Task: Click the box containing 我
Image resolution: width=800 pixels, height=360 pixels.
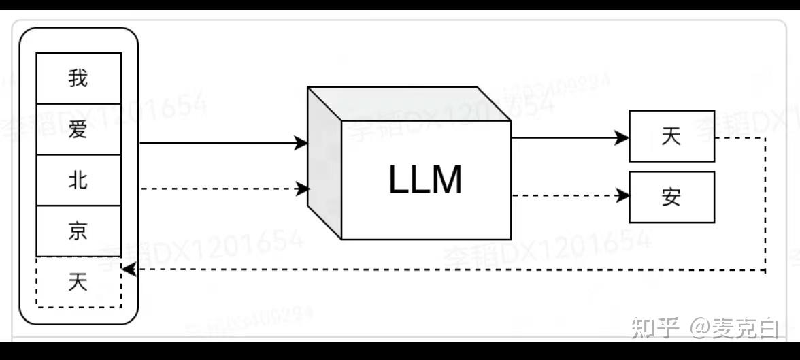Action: pyautogui.click(x=78, y=78)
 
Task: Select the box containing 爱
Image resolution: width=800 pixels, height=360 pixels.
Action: pyautogui.click(x=78, y=129)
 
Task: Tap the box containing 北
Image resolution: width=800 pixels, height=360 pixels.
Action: pyautogui.click(x=78, y=180)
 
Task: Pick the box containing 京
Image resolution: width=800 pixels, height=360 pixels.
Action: pyautogui.click(x=78, y=231)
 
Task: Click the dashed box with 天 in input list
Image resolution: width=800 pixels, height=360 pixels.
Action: pyautogui.click(x=78, y=282)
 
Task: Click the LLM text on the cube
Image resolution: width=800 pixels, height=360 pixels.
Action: pyautogui.click(x=425, y=180)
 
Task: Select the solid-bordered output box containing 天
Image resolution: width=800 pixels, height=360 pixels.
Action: pyautogui.click(x=671, y=136)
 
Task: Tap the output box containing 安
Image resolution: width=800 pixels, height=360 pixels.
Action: pyautogui.click(x=671, y=197)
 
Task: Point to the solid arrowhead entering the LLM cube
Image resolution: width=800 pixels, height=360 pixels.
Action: pyautogui.click(x=301, y=143)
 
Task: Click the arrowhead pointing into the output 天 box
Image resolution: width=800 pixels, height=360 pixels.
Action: pyautogui.click(x=622, y=137)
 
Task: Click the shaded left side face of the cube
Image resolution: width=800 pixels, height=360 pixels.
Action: pyautogui.click(x=324, y=163)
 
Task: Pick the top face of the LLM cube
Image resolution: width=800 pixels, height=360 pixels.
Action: pyautogui.click(x=408, y=104)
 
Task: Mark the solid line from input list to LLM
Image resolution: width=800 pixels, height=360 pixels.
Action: pyautogui.click(x=218, y=143)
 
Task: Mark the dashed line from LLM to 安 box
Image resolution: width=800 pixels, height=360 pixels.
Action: pyautogui.click(x=565, y=197)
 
